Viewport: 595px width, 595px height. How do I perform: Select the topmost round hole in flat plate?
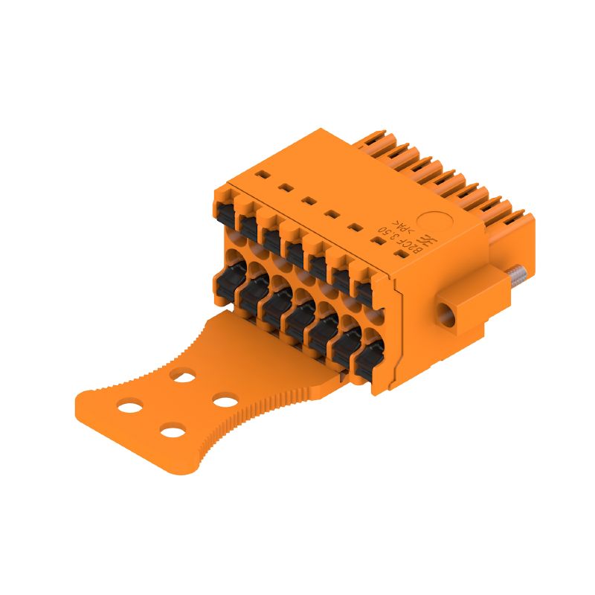181,377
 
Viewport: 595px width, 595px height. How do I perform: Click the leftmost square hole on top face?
261,176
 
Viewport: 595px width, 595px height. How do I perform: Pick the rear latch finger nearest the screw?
516,221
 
